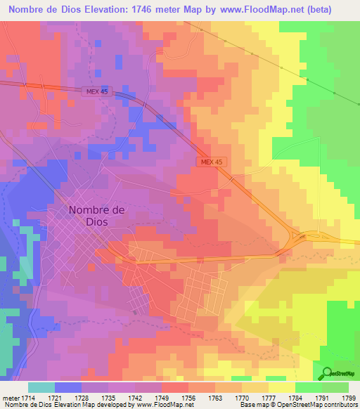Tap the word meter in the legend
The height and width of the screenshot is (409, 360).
pyautogui.click(x=11, y=398)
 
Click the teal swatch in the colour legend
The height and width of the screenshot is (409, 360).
pyautogui.click(x=41, y=387)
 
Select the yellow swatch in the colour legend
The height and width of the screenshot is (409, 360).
pyautogui.click(x=281, y=387)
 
